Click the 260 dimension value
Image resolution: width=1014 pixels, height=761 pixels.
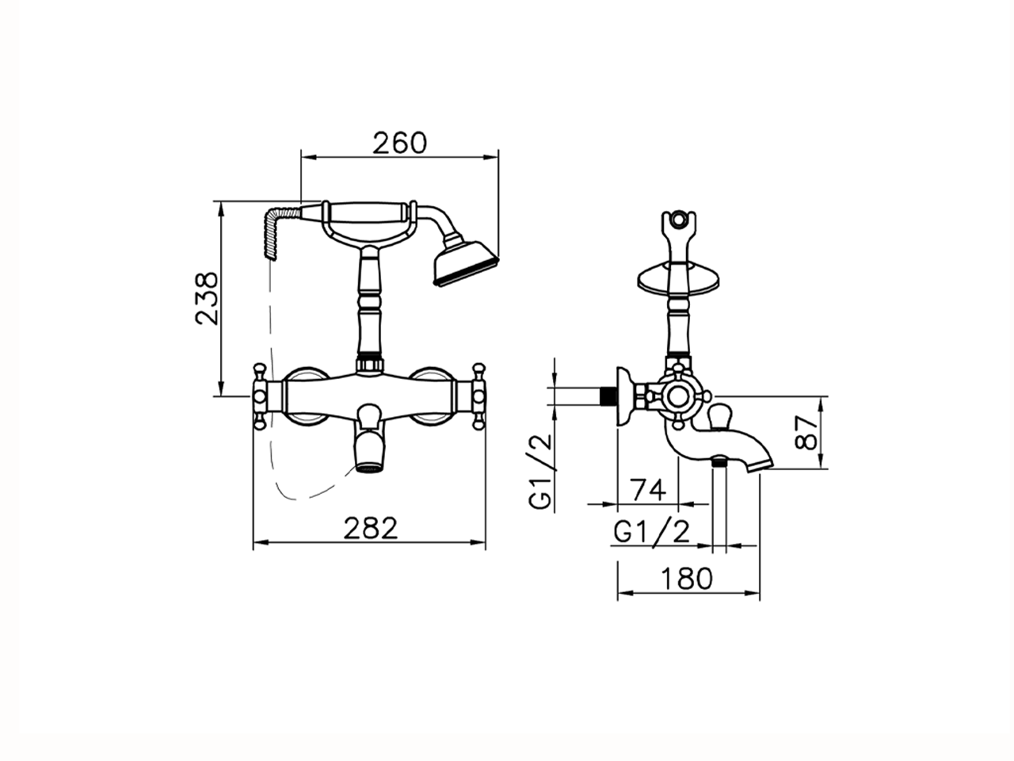(399, 143)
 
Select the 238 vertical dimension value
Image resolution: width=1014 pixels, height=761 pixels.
(207, 299)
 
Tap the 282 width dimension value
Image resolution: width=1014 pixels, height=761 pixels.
(371, 528)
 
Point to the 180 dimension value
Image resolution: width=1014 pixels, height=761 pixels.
(687, 578)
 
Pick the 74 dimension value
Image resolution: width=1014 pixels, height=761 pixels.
(649, 490)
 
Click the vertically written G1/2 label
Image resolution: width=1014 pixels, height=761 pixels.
(540, 472)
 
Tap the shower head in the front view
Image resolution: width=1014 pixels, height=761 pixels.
(465, 263)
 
